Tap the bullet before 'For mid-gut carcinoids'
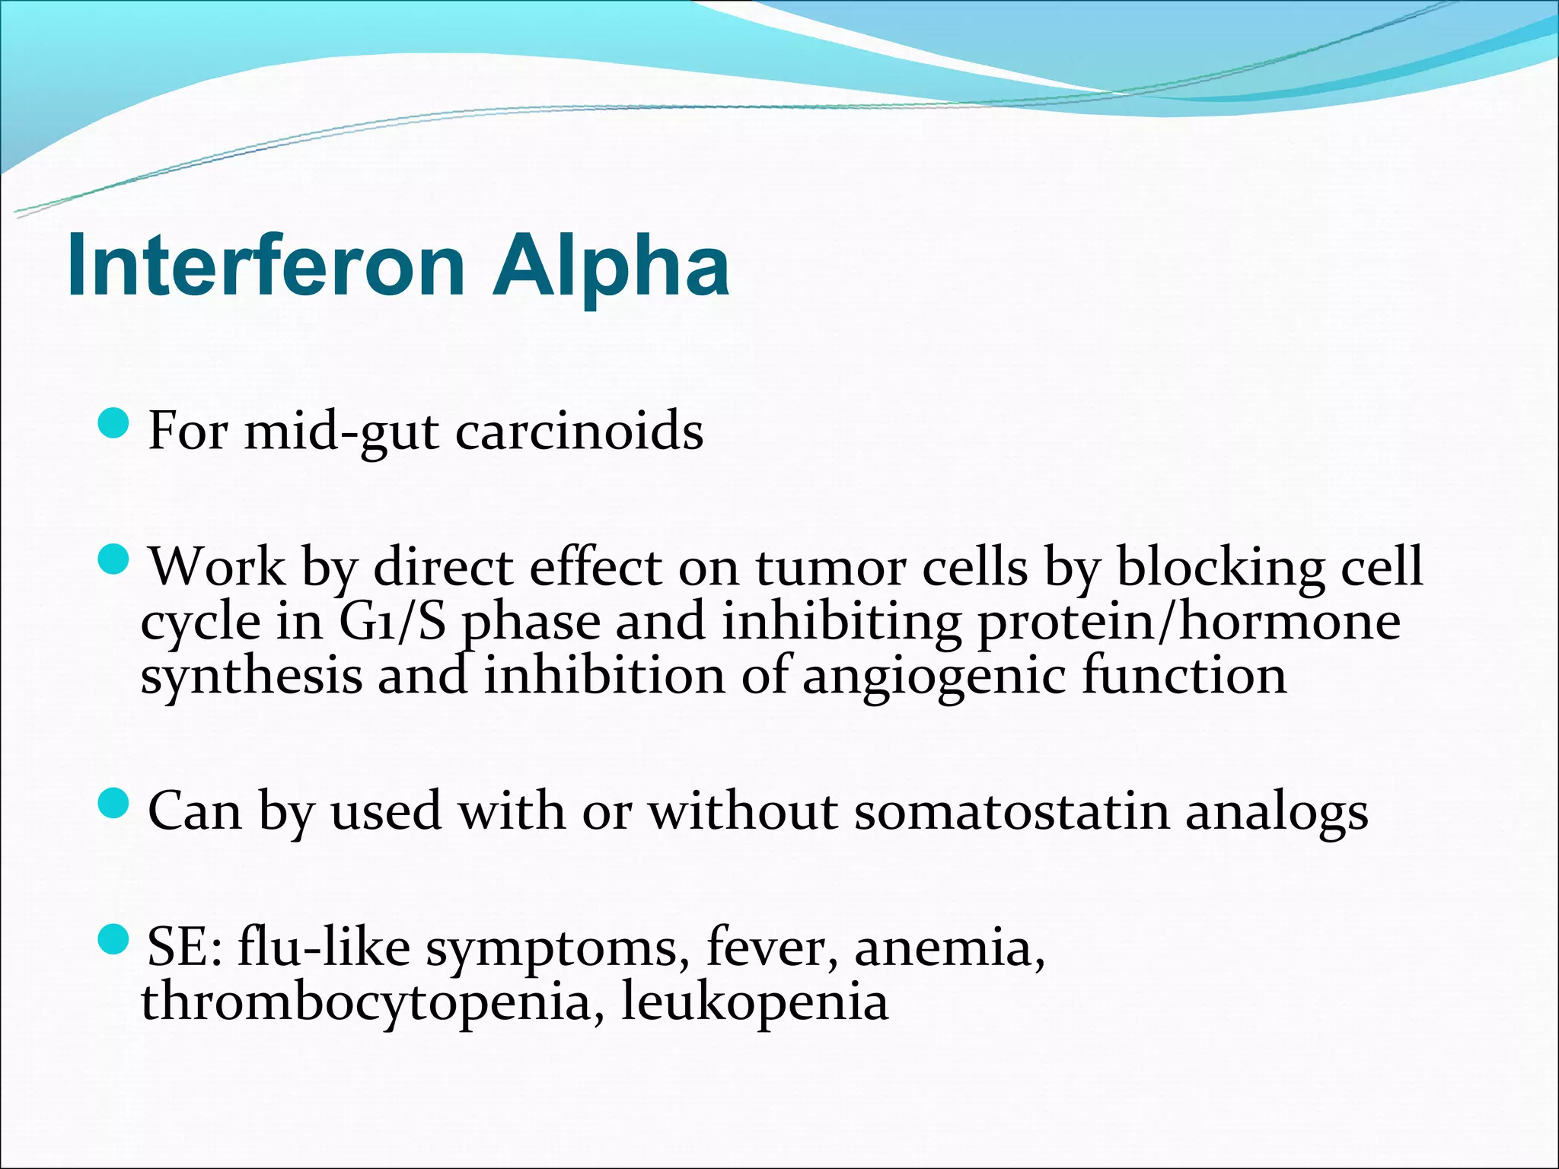[114, 423]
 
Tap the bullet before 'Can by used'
[114, 804]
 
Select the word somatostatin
[1012, 811]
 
